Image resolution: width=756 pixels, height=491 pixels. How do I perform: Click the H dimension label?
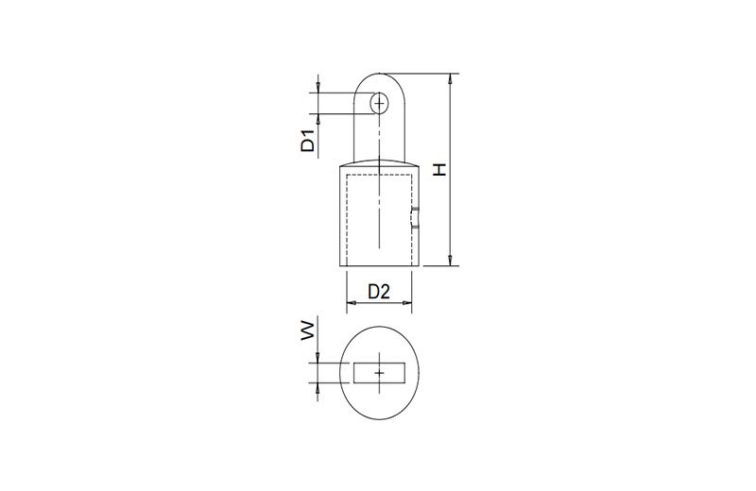point(439,169)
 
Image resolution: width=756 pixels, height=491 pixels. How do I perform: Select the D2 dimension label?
point(379,292)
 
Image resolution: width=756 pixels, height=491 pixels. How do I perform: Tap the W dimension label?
point(308,332)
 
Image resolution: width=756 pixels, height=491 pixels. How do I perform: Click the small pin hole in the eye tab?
point(380,103)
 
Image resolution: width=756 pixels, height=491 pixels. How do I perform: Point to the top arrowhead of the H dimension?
point(450,78)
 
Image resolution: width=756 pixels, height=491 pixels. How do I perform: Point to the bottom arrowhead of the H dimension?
point(450,261)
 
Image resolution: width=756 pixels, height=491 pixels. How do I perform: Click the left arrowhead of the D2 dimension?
point(352,302)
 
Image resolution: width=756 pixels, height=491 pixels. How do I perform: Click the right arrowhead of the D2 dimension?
point(407,302)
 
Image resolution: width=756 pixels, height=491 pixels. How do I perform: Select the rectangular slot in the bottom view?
point(380,373)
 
